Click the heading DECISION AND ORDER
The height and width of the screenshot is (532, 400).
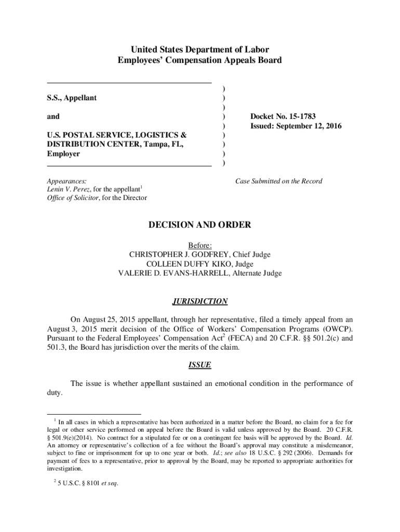pos(200,225)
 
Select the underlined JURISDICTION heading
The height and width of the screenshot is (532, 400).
pos(200,301)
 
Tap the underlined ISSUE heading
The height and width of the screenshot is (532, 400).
pos(200,365)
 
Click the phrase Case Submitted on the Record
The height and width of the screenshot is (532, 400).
pos(278,181)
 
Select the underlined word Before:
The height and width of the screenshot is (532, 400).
pos(200,245)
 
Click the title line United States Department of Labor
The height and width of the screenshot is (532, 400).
pos(200,50)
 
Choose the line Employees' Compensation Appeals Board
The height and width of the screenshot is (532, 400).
pos(200,60)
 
